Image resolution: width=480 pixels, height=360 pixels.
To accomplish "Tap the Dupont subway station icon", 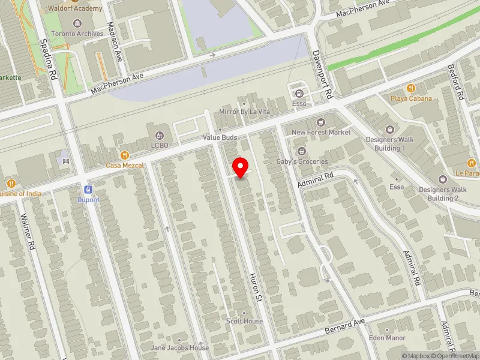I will point(88,187).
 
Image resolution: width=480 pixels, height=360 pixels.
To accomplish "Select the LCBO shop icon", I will point(160,134).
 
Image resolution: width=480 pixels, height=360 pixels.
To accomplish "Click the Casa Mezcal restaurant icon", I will point(125,155).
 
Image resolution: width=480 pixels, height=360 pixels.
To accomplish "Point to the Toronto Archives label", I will point(77,34).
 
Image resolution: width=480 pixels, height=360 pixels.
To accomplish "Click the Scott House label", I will point(244,321).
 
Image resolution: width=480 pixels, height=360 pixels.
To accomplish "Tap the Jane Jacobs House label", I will point(180,347).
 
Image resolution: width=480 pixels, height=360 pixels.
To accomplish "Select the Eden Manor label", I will point(388,338).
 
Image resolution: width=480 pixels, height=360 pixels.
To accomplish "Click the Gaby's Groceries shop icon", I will point(302,151).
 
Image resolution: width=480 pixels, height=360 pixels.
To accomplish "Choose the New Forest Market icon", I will point(320,122).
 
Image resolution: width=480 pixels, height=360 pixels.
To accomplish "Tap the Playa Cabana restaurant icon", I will point(411,88).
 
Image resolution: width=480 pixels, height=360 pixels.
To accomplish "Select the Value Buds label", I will point(220,137).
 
